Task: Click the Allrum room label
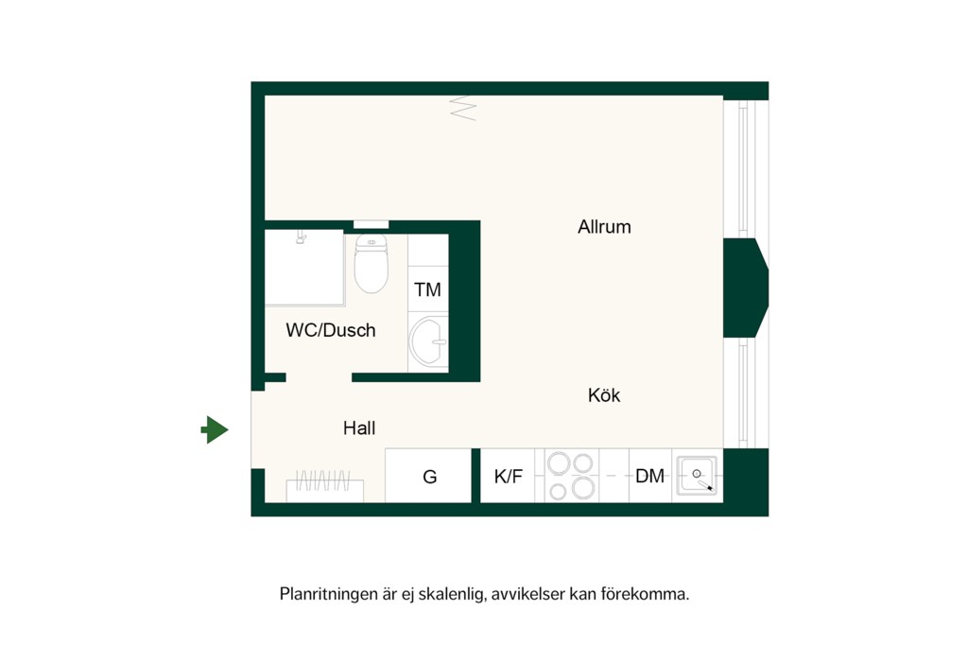click(x=604, y=227)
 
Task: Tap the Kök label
click(x=604, y=395)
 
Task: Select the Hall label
click(x=358, y=428)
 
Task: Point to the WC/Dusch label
click(x=330, y=330)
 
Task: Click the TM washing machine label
click(x=428, y=289)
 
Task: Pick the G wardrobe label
click(x=430, y=477)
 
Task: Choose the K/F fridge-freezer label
click(x=508, y=476)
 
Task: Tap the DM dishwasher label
click(x=650, y=476)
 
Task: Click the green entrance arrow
click(x=215, y=429)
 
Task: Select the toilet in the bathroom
click(x=371, y=263)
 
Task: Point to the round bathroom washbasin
click(x=428, y=341)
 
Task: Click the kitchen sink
click(x=697, y=476)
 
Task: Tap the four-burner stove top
click(x=571, y=476)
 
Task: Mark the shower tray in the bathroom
click(x=304, y=268)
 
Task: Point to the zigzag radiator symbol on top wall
click(x=463, y=108)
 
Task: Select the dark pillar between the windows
click(x=746, y=288)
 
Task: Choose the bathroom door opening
click(x=319, y=377)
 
